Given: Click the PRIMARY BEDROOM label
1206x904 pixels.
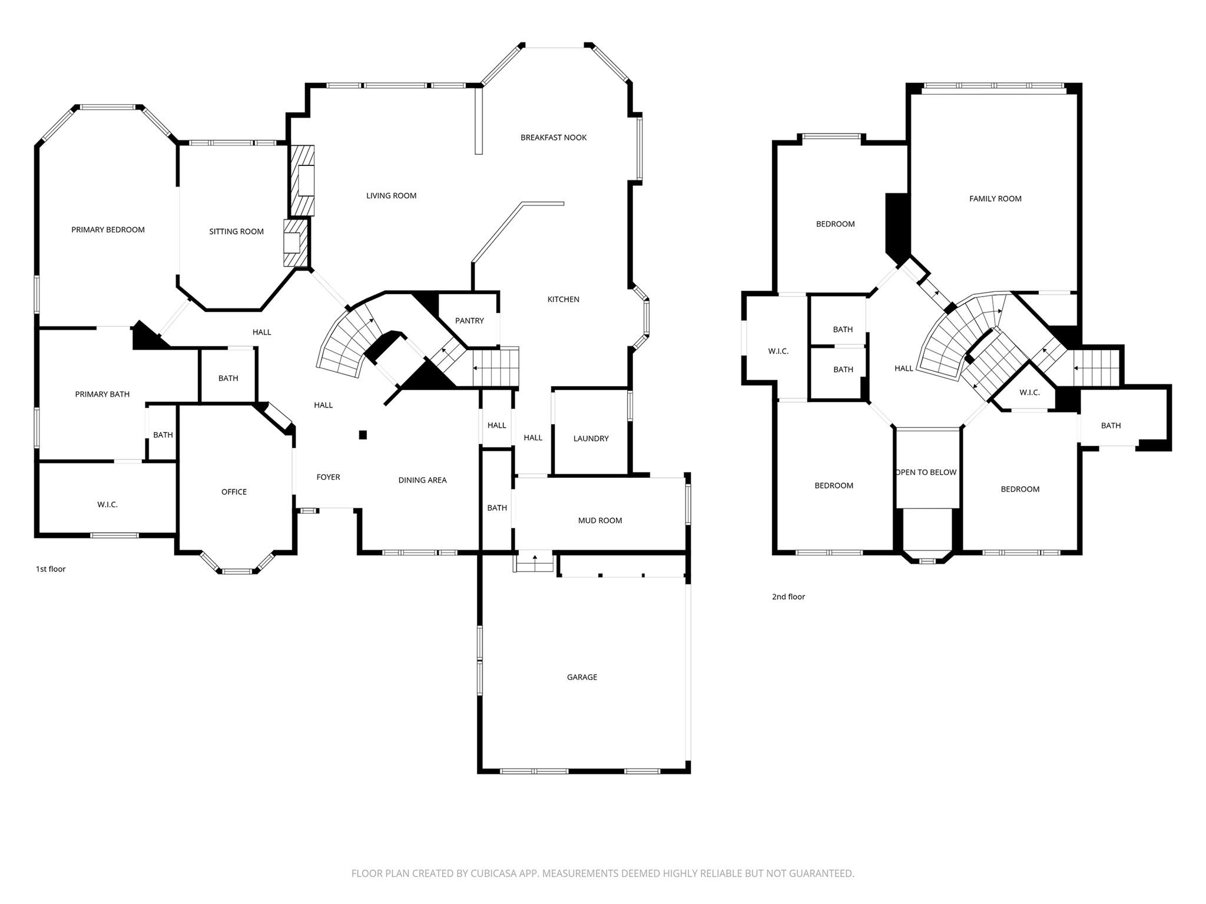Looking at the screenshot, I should tap(108, 230).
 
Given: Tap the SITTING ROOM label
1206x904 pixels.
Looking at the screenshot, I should tap(236, 231).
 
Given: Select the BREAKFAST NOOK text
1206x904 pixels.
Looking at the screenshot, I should tap(554, 138).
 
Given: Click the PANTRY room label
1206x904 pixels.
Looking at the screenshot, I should tap(469, 321).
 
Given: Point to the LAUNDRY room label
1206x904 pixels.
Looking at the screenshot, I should tap(591, 438).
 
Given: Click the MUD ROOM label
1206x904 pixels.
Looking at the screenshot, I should tap(599, 520).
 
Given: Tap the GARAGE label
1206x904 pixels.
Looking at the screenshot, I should tap(582, 677).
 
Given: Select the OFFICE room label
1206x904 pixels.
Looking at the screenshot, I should tap(234, 492).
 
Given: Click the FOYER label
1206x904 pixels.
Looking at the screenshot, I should tap(328, 477).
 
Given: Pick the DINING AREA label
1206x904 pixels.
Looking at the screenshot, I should tap(422, 480).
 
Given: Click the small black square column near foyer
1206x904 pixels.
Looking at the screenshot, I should tap(363, 435).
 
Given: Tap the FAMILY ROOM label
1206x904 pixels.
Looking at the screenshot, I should tap(995, 199).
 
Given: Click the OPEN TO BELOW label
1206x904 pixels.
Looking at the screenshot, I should tap(926, 473).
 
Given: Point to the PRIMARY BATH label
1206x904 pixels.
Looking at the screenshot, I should tap(102, 394).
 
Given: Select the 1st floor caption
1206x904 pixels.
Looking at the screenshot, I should tap(51, 569).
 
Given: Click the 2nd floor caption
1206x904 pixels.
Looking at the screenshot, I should tap(788, 597).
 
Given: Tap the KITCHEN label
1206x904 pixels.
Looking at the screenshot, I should tap(563, 300).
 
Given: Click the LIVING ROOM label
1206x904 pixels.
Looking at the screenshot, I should tap(391, 196).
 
